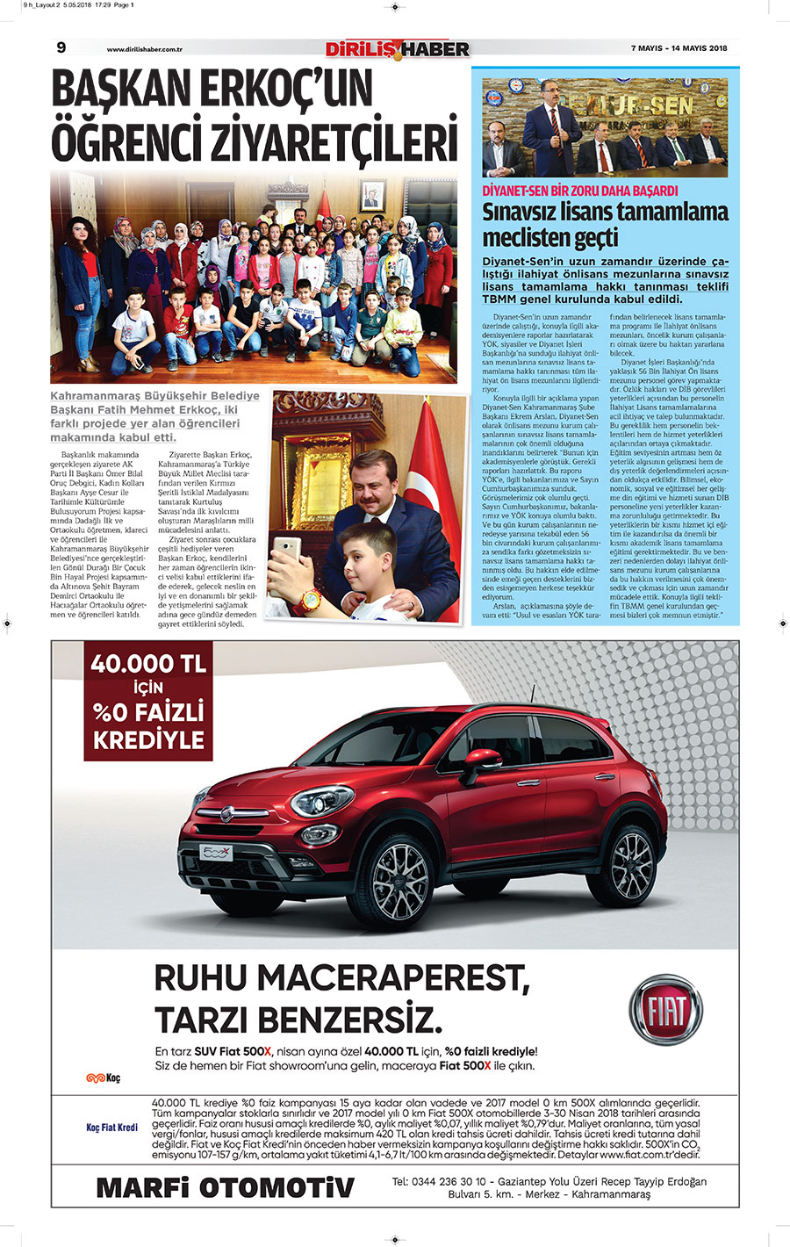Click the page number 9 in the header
(x=61, y=47)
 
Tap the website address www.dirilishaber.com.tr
(x=150, y=49)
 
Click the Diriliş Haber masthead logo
(x=398, y=49)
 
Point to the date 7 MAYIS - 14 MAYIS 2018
(x=679, y=48)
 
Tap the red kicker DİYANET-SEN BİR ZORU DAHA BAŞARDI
(x=580, y=191)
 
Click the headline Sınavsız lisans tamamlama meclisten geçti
(x=605, y=225)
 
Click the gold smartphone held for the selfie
(x=286, y=554)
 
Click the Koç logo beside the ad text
(x=103, y=1078)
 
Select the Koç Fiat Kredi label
(x=111, y=1127)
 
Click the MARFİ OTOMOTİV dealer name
(x=225, y=1188)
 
